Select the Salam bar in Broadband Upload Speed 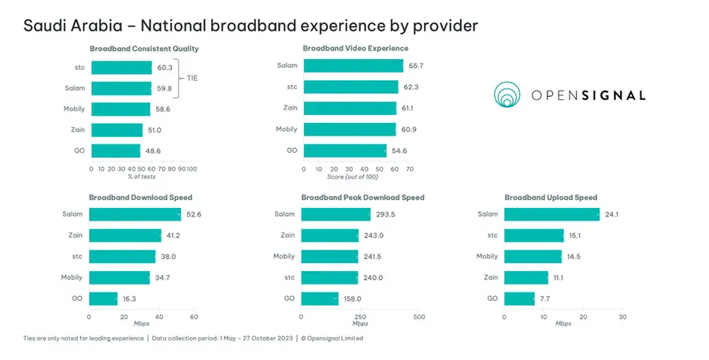(x=551, y=214)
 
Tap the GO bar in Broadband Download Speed (x=103, y=299)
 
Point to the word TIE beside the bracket (x=192, y=78)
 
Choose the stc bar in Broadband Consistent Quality (x=121, y=68)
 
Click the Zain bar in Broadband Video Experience (x=349, y=108)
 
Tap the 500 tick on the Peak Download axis (x=419, y=317)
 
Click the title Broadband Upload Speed (x=551, y=197)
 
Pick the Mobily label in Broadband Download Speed (x=72, y=277)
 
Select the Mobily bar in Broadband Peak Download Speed (x=330, y=256)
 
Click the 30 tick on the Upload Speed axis (x=622, y=317)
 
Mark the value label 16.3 (x=129, y=299)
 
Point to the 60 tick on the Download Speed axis (x=194, y=317)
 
